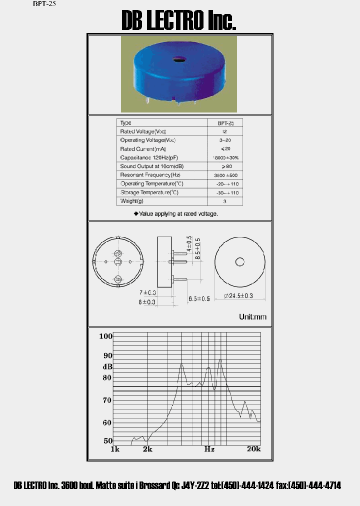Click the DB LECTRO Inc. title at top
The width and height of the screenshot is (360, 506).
(x=179, y=21)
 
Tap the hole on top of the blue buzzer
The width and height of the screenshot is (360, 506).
(x=178, y=61)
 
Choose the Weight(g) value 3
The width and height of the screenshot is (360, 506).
(x=225, y=201)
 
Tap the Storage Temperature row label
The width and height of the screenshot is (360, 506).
(x=149, y=192)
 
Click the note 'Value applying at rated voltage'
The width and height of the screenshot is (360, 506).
(x=175, y=213)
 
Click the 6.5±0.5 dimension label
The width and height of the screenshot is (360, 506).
(x=199, y=299)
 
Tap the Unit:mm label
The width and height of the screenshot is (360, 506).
(x=253, y=317)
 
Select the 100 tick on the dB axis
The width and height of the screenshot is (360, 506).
(x=105, y=336)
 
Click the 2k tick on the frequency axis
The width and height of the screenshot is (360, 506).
(x=147, y=449)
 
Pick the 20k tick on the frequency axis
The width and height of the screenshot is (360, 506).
(x=253, y=449)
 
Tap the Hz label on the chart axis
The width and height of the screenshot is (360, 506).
(x=209, y=449)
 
